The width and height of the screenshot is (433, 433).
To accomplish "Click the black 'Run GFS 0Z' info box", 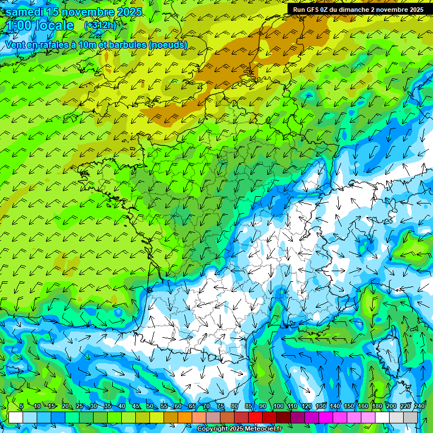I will pos(358,9).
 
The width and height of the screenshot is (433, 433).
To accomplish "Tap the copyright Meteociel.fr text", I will pos(240,429).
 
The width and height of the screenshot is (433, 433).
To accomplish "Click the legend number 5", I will pos(21,407).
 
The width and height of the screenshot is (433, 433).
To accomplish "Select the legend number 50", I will pos(150,407).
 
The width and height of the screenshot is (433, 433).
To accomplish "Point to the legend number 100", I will pos(278,407).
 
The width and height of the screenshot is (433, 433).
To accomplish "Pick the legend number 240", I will pos(419,407).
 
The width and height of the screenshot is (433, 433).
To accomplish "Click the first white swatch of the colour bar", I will pos(16,417).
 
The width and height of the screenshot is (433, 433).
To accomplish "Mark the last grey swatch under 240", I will pos(410,417).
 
